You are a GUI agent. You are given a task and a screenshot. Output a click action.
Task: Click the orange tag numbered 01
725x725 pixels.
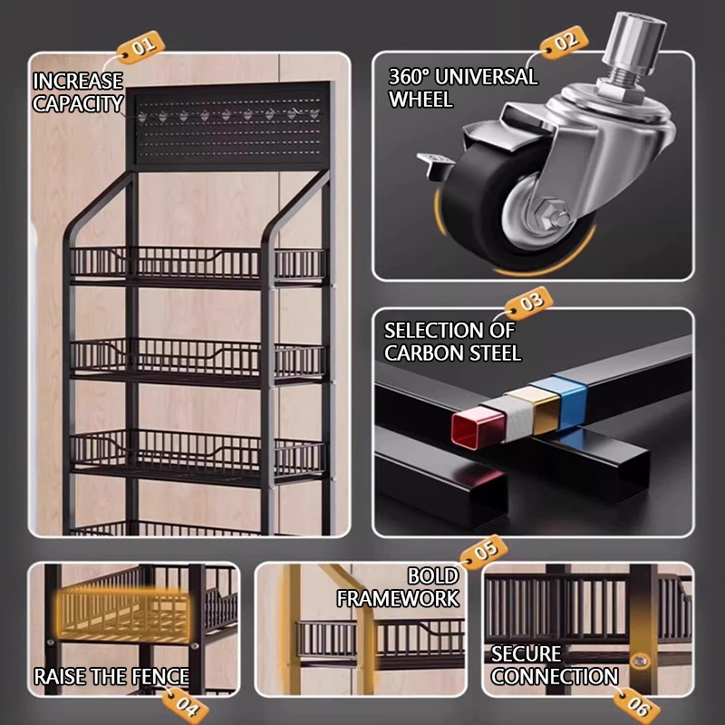(x=140, y=48)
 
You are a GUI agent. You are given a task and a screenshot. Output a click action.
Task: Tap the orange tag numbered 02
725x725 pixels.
(x=564, y=43)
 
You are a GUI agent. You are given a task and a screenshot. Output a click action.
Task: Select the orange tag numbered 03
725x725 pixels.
(x=529, y=304)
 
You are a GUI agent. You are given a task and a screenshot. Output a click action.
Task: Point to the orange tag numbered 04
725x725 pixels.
(x=185, y=705)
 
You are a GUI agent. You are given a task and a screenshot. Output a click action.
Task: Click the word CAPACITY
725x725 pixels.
(x=78, y=103)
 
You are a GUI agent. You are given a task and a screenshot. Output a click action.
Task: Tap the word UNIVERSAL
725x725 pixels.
(x=487, y=77)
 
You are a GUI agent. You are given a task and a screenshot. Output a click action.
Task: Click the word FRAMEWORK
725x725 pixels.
(x=398, y=599)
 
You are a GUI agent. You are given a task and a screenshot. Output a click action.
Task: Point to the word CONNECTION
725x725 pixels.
(x=555, y=676)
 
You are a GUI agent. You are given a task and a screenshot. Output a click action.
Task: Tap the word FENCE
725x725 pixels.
(x=160, y=677)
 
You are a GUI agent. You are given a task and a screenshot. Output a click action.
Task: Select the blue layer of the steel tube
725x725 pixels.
(x=570, y=401)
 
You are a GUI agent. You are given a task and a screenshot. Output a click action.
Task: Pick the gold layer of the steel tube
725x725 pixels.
(x=540, y=410)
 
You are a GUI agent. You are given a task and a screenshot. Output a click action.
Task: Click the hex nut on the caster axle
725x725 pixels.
(x=549, y=214)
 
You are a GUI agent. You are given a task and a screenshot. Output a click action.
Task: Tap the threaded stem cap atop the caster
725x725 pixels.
(x=634, y=38)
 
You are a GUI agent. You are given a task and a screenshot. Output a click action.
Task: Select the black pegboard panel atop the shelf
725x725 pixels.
(x=229, y=124)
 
